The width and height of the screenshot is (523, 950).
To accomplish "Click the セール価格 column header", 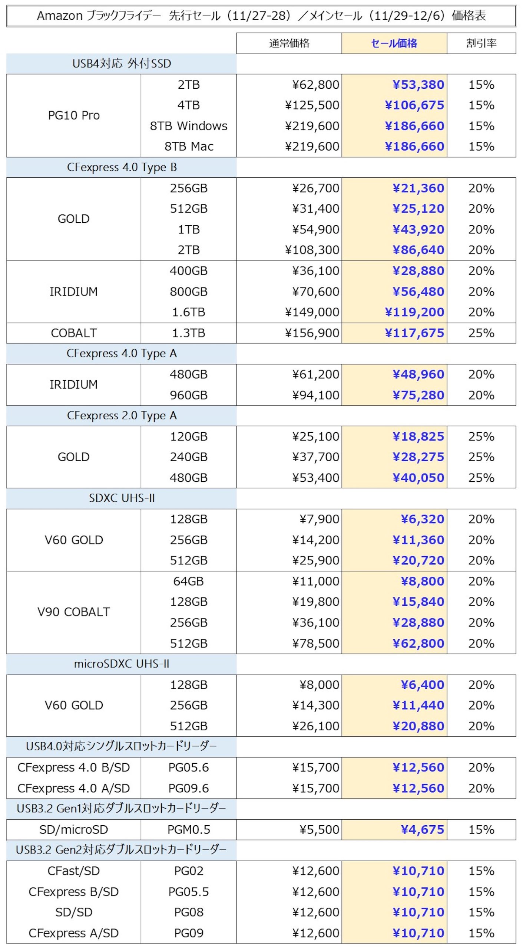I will [x=394, y=43].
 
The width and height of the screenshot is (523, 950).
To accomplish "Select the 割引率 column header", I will [x=481, y=43].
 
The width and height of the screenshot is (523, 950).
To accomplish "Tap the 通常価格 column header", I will [x=289, y=43].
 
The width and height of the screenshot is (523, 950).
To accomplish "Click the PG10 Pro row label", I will [x=74, y=115].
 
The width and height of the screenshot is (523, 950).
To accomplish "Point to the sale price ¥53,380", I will [x=418, y=85].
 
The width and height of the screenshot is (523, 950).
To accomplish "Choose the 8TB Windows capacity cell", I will [x=188, y=126].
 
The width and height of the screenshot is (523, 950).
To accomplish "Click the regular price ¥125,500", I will [x=312, y=105].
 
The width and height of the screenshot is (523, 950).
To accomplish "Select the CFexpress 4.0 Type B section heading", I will [x=121, y=167].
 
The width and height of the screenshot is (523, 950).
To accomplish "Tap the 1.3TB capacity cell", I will [x=188, y=333].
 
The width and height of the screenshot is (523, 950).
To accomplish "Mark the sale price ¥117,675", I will [x=414, y=333].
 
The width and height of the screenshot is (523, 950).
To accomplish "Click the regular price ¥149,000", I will [x=312, y=312].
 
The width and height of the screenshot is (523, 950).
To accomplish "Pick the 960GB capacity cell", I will [x=188, y=395].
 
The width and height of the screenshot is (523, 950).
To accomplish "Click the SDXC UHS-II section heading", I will [x=121, y=498].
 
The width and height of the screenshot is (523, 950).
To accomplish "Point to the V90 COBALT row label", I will [x=74, y=612].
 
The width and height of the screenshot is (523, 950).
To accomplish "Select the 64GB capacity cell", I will [x=188, y=581].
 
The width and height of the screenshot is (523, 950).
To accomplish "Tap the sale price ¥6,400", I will [x=422, y=685].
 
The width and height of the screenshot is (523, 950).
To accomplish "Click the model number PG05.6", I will [x=188, y=767].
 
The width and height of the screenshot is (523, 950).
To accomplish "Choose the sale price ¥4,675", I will [x=422, y=830].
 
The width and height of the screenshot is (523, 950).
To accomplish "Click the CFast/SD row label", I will [x=74, y=871].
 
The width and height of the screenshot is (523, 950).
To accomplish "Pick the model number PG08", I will [x=188, y=912].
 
